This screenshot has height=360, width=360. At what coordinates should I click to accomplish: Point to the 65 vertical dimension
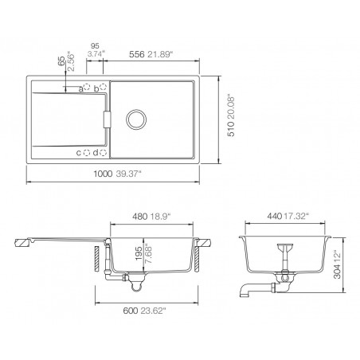pos(61,61)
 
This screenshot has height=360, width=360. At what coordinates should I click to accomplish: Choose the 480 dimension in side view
pos(139,216)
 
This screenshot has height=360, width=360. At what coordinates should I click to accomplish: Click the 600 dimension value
pos(129,313)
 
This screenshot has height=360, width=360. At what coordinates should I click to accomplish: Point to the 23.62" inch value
pos(153,313)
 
